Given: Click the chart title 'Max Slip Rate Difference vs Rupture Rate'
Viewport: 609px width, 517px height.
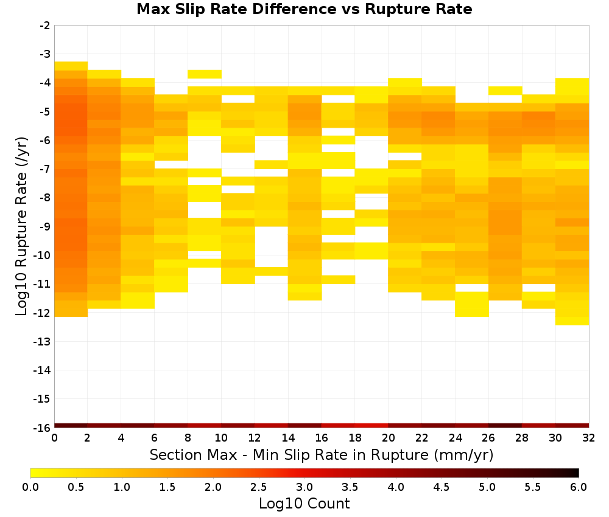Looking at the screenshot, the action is click(x=304, y=9).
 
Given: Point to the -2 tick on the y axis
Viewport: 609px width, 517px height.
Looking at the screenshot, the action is click(x=45, y=26).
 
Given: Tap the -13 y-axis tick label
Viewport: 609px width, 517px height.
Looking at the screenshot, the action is click(x=43, y=342).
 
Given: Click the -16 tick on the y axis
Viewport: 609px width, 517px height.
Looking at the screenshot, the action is click(x=43, y=428).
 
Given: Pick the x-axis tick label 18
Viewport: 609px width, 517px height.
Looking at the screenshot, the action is click(x=355, y=438).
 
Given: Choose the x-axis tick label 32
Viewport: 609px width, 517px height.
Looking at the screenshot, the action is click(x=589, y=438).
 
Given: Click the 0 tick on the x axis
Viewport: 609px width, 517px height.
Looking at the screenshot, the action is click(x=54, y=438).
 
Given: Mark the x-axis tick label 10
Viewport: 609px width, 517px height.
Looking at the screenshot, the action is click(x=222, y=438).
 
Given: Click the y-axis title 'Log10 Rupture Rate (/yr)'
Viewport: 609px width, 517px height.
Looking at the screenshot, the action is click(x=22, y=226).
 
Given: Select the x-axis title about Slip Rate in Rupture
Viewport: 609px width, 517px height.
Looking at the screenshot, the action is click(x=322, y=454).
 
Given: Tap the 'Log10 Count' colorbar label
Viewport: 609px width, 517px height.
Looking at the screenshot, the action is click(x=304, y=504).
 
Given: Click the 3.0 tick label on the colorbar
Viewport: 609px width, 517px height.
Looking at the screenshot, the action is click(x=304, y=487).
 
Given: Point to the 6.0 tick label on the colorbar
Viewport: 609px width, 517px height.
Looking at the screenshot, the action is click(x=579, y=487).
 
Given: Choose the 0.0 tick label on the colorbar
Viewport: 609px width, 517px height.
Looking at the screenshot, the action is click(x=30, y=487).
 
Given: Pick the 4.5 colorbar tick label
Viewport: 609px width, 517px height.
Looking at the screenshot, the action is click(x=442, y=487).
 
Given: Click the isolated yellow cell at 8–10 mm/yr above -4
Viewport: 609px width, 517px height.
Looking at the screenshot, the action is click(x=205, y=74).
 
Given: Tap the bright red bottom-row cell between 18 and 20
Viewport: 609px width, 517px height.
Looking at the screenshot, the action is click(x=371, y=426).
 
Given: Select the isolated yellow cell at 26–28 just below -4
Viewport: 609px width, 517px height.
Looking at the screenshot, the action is click(x=505, y=91).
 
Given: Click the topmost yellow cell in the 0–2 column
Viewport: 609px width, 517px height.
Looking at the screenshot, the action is click(x=71, y=66).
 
